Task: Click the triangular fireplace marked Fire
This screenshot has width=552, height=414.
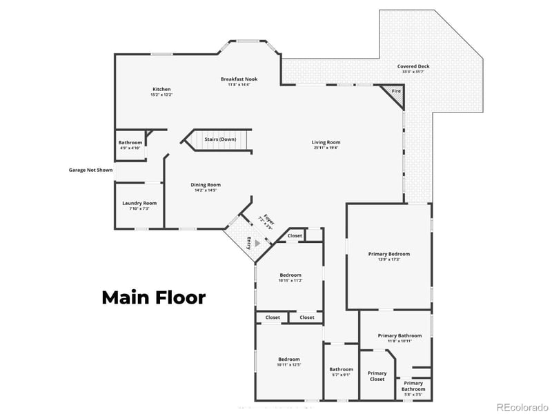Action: [x=395, y=93]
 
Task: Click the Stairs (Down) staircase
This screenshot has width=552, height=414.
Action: [x=219, y=139]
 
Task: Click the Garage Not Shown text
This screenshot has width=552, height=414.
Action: [x=90, y=170]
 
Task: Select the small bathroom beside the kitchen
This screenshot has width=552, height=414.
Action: [x=130, y=145]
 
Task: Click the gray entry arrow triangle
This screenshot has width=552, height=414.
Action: [x=257, y=243]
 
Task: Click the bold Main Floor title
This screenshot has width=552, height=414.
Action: [x=153, y=297]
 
